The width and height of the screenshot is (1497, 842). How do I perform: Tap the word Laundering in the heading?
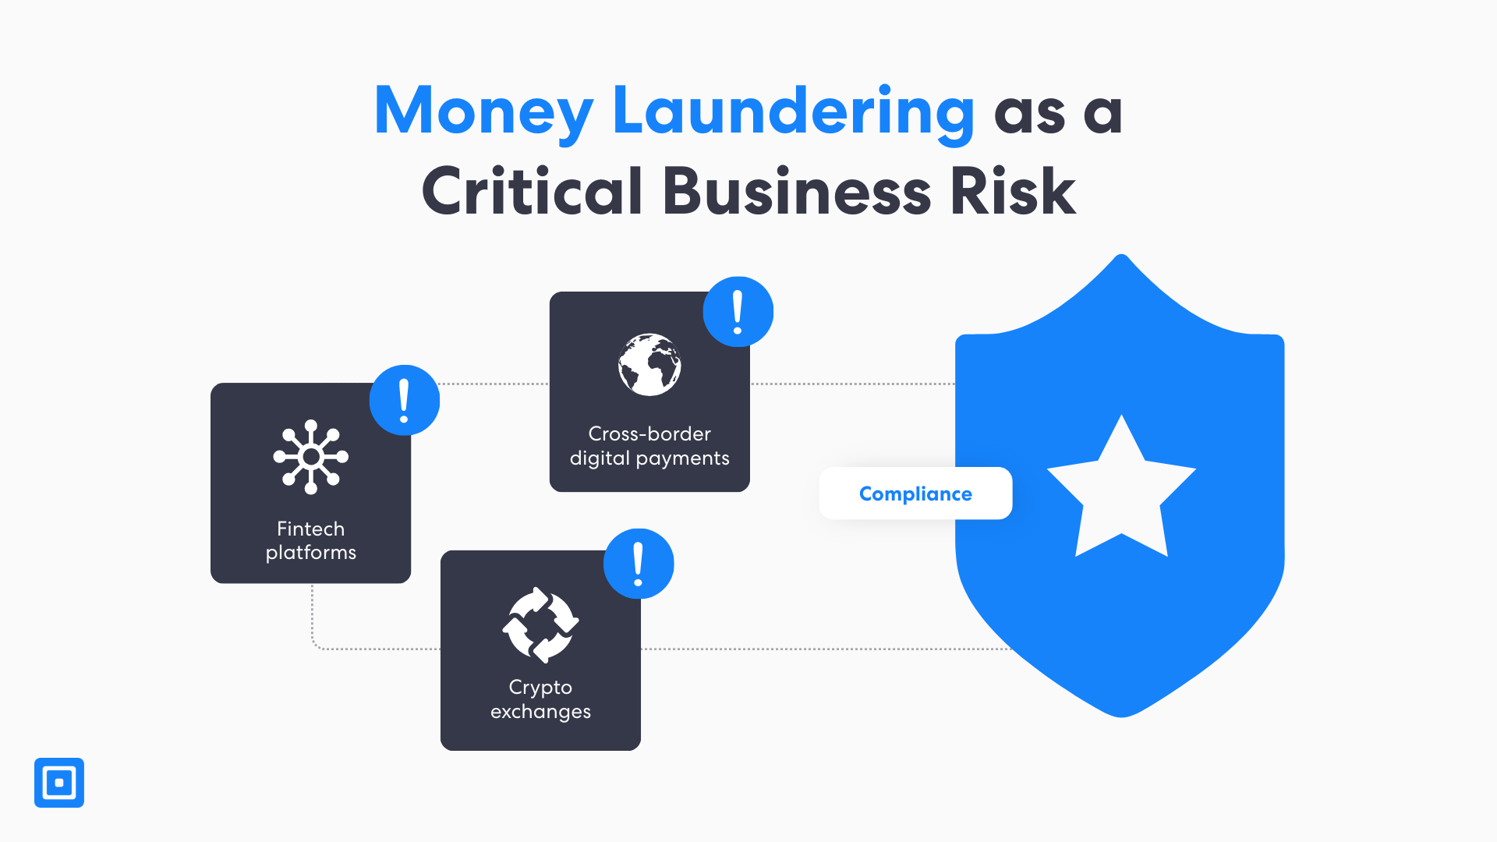[793, 111]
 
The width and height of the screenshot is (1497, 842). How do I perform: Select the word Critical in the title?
[532, 191]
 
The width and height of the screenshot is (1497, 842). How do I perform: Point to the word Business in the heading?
[796, 191]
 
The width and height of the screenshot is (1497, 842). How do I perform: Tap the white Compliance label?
[915, 494]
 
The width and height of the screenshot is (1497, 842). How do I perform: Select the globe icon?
[649, 365]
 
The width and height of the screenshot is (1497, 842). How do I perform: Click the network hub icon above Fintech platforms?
[311, 457]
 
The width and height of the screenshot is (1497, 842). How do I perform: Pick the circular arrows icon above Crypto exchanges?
[540, 624]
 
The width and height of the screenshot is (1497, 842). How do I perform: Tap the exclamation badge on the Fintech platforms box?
[404, 400]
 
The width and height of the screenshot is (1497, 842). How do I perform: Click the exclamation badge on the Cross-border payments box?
[738, 312]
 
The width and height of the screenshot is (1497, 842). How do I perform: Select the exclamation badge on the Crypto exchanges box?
[639, 564]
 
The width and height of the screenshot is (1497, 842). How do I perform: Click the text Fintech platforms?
[311, 540]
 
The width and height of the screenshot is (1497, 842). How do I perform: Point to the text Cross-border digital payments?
[649, 446]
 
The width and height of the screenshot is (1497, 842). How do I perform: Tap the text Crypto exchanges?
[540, 699]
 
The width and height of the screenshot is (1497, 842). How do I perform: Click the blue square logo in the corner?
[59, 783]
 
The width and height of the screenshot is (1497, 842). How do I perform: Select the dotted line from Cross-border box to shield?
[852, 384]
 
